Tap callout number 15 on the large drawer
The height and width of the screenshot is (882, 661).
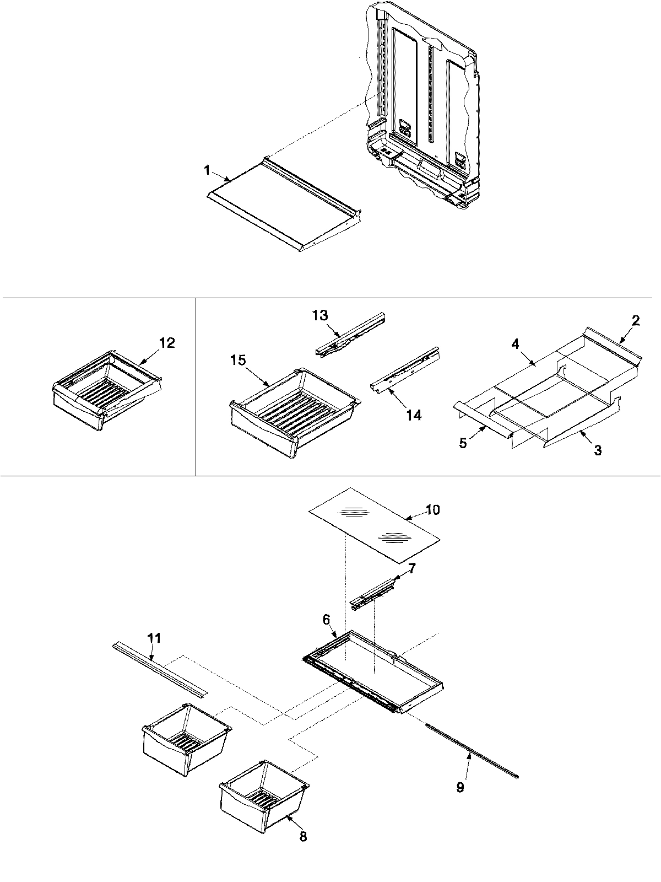click(238, 360)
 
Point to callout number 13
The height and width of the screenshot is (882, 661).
click(319, 315)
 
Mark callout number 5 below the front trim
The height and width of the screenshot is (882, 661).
click(463, 443)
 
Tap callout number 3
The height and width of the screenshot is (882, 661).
click(597, 450)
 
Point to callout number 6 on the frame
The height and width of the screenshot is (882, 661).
click(326, 620)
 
